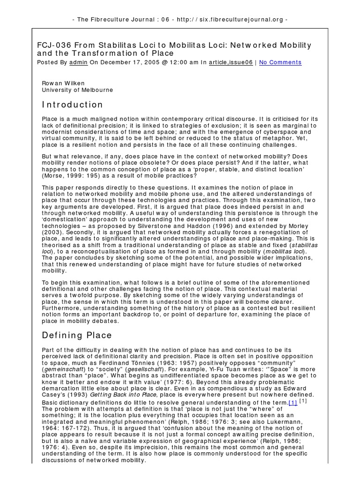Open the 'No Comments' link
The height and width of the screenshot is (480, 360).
pos(280,62)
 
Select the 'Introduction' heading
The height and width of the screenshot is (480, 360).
pos(72,105)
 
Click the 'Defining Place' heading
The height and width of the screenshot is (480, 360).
pos(77,335)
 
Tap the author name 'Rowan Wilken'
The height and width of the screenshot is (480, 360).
pos(63,83)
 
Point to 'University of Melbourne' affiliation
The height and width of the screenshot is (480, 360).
pos(77,90)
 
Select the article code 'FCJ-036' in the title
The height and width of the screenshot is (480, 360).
pos(53,45)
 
